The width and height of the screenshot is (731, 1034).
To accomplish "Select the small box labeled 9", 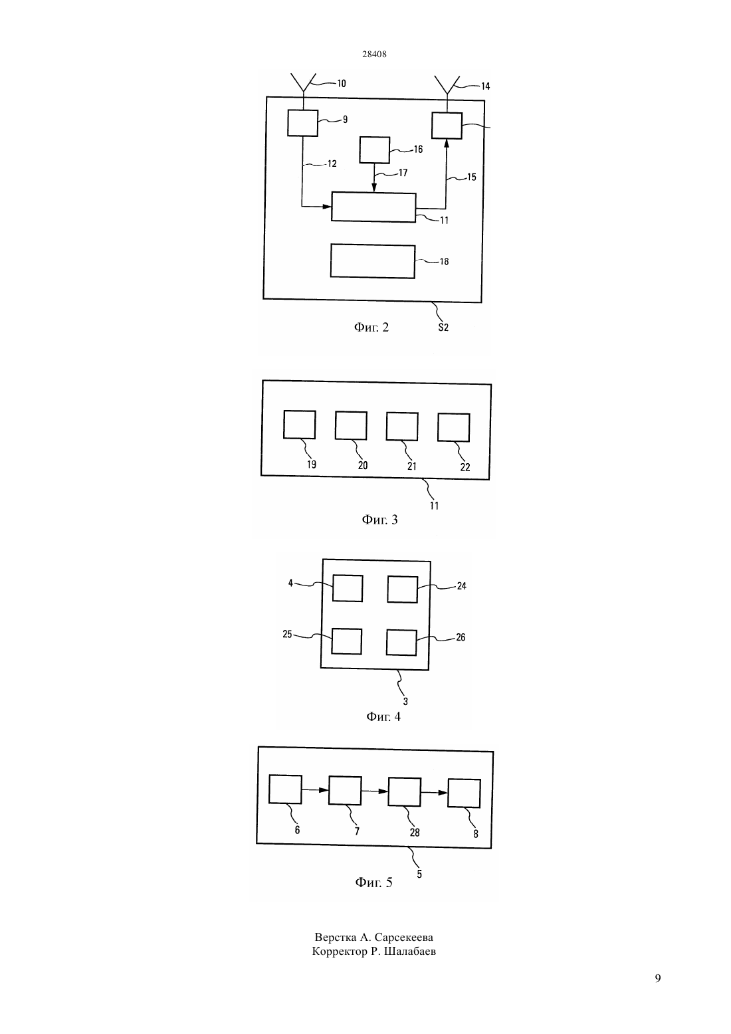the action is coord(303,123).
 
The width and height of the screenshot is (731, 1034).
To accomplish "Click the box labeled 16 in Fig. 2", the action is coord(375,150).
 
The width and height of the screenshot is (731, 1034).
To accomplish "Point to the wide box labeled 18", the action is coord(373,261).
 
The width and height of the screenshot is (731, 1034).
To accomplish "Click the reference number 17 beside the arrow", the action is coord(403,173).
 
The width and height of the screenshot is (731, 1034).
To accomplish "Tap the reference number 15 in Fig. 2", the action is coord(471,177).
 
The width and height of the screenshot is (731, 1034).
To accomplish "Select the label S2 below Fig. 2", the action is coord(443,328).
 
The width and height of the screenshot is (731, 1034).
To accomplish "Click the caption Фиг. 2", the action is coord(371,328).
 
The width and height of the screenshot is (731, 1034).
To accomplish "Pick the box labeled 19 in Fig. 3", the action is coord(300,425).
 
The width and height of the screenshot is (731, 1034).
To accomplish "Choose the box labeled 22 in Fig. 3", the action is coord(454,427).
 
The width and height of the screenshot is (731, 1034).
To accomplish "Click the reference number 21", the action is coord(411,466).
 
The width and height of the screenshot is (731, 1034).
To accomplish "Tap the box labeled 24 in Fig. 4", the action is coord(403,589).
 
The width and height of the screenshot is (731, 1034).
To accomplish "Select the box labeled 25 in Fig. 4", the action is coord(347,641).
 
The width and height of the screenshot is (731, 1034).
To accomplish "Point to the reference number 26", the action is coord(461,637).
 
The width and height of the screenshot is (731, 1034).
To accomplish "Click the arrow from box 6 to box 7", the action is coord(315,790).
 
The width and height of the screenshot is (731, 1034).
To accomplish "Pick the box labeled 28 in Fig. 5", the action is coord(405,792).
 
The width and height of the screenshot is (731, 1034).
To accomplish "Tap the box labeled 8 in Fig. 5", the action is coord(465,793).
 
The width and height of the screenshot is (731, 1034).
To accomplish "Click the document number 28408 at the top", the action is coord(374,54).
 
